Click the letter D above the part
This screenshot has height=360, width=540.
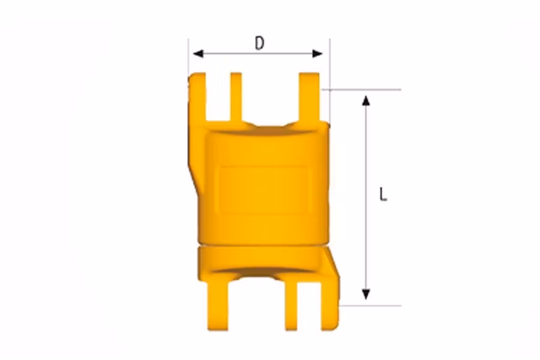[259, 43]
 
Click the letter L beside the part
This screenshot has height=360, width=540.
[383, 194]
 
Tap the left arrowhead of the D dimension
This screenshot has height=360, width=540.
[198, 54]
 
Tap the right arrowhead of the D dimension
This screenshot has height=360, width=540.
[317, 54]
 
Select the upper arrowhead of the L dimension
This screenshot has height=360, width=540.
[366, 100]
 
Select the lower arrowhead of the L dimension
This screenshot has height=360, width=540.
[366, 295]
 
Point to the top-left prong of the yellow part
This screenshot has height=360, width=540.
[197, 97]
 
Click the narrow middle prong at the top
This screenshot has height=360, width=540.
[236, 97]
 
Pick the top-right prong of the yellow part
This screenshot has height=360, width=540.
[309, 97]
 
